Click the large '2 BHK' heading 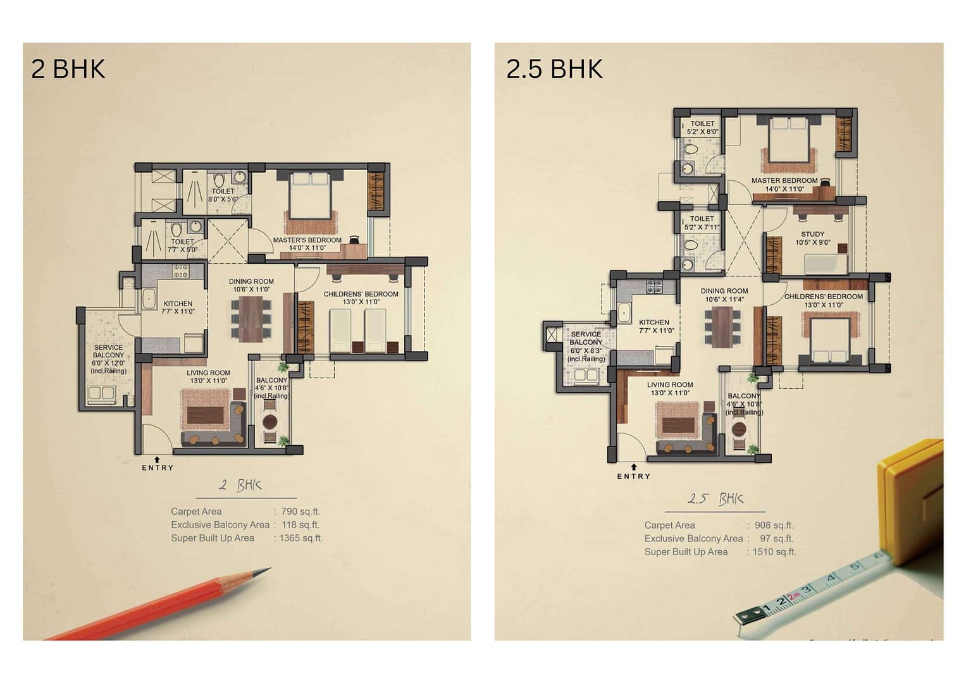click(68, 69)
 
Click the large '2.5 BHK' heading click(554, 69)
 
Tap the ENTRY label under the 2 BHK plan click(158, 468)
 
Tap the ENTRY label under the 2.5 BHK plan click(633, 476)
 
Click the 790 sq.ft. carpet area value click(300, 512)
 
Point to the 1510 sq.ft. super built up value click(774, 552)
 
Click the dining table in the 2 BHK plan click(251, 318)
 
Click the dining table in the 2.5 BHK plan click(722, 326)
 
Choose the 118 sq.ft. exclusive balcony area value click(300, 525)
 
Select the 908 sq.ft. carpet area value click(774, 526)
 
